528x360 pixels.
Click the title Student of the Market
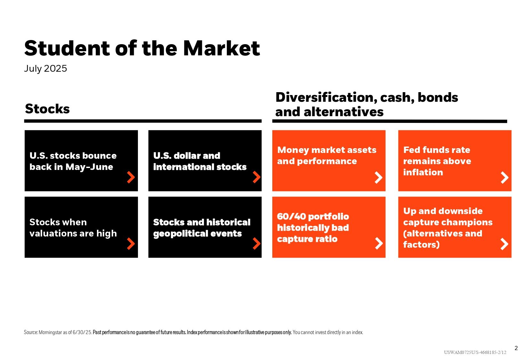(x=142, y=49)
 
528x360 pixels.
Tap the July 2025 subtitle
(x=45, y=68)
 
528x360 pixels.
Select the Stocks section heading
(x=47, y=109)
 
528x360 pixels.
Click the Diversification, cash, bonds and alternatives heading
(x=366, y=104)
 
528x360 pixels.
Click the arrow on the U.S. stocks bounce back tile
(x=131, y=177)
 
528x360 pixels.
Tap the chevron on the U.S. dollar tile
(x=256, y=177)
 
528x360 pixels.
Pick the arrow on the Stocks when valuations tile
(x=131, y=244)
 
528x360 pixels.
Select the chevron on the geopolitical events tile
(x=256, y=244)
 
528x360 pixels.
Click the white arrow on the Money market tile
(x=379, y=178)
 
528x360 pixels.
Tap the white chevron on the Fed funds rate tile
(x=505, y=178)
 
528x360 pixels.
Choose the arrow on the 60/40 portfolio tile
(x=379, y=244)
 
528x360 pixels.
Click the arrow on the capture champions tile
(x=504, y=244)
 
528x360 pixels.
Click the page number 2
(x=516, y=348)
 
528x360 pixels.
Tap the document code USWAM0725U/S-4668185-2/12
(x=475, y=352)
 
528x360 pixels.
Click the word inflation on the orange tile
(x=423, y=172)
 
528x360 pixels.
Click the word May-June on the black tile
(x=89, y=167)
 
